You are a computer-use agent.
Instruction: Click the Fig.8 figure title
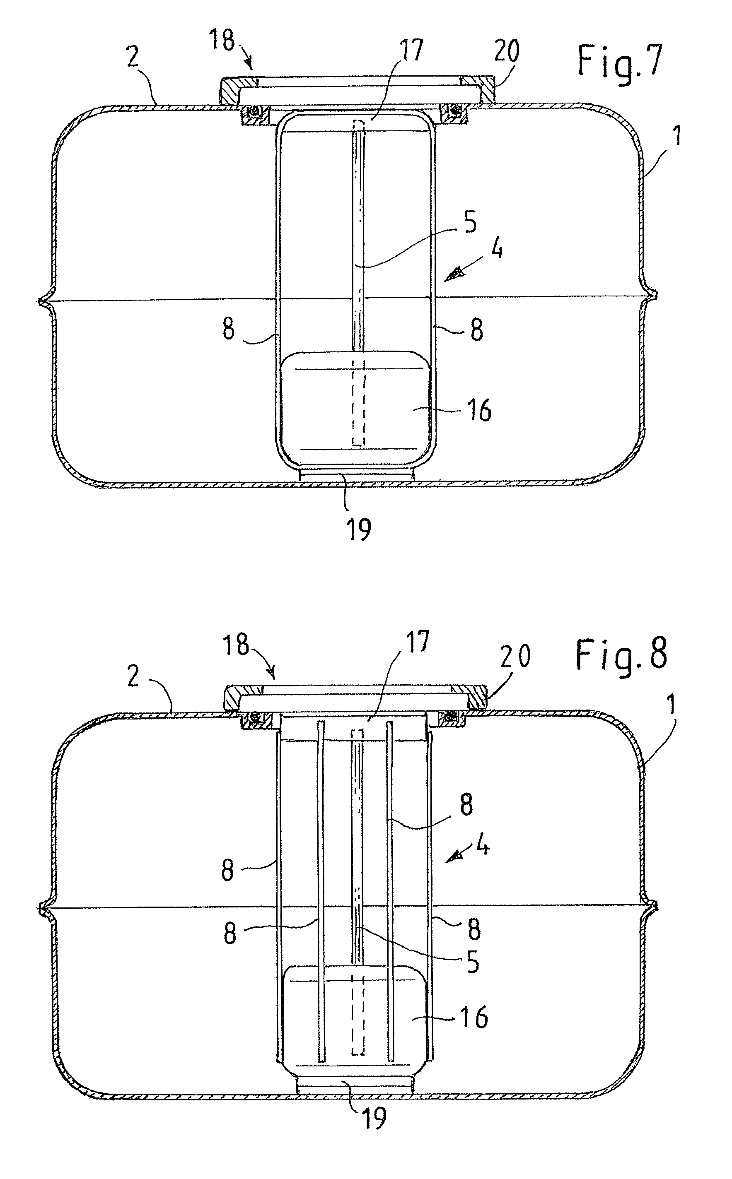click(621, 654)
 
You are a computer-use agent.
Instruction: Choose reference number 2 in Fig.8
click(134, 675)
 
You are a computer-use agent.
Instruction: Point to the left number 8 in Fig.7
click(228, 329)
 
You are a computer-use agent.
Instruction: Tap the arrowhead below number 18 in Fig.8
click(273, 672)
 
